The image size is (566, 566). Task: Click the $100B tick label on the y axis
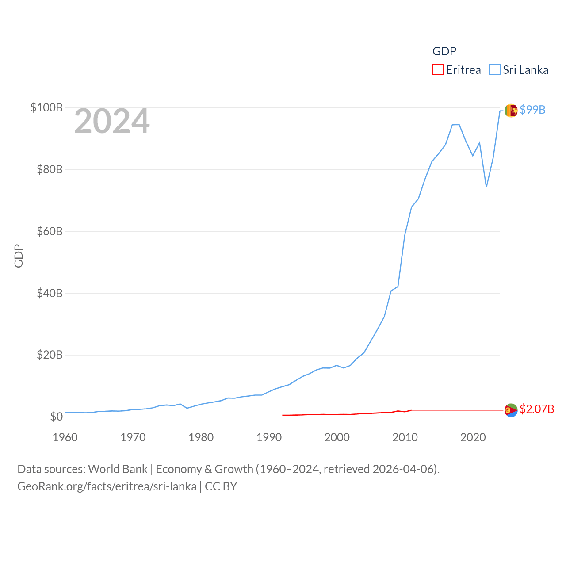pyautogui.click(x=46, y=107)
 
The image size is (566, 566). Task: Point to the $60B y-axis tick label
pyautogui.click(x=50, y=231)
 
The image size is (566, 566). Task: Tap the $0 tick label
pyautogui.click(x=56, y=417)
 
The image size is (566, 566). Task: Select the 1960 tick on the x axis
pyautogui.click(x=65, y=437)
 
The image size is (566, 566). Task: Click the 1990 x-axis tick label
pyautogui.click(x=269, y=437)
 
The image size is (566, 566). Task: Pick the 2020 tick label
pyautogui.click(x=473, y=437)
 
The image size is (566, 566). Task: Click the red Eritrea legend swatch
pyautogui.click(x=438, y=70)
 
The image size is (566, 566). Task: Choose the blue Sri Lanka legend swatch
pyautogui.click(x=494, y=70)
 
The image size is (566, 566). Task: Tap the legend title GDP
pyautogui.click(x=444, y=51)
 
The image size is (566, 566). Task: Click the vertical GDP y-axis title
pyautogui.click(x=19, y=256)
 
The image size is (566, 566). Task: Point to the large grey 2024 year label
pyautogui.click(x=112, y=121)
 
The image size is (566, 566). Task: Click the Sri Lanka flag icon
pyautogui.click(x=511, y=110)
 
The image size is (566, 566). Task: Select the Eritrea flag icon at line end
pyautogui.click(x=511, y=410)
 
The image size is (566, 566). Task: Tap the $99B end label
pyautogui.click(x=532, y=110)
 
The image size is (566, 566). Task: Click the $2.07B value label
pyautogui.click(x=537, y=409)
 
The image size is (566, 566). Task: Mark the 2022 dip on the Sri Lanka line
pyautogui.click(x=486, y=187)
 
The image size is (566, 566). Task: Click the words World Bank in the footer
pyautogui.click(x=118, y=469)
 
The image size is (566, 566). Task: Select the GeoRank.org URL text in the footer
pyautogui.click(x=107, y=486)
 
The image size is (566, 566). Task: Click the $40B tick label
pyautogui.click(x=50, y=293)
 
